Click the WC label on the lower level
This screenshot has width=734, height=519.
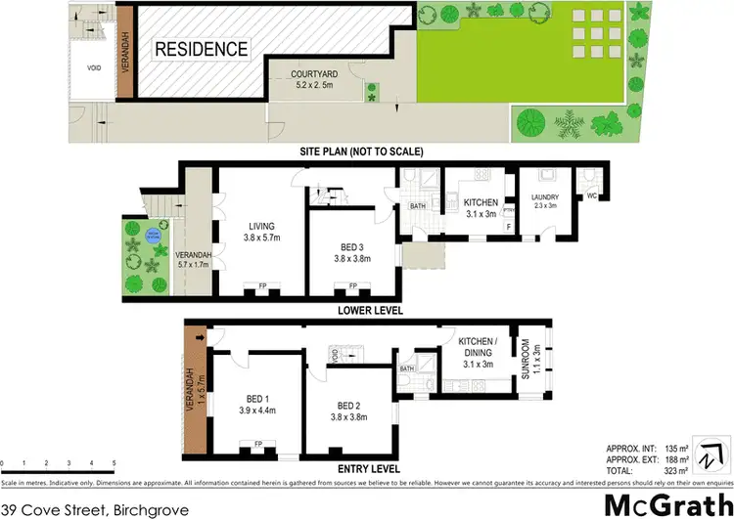point(591,195)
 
